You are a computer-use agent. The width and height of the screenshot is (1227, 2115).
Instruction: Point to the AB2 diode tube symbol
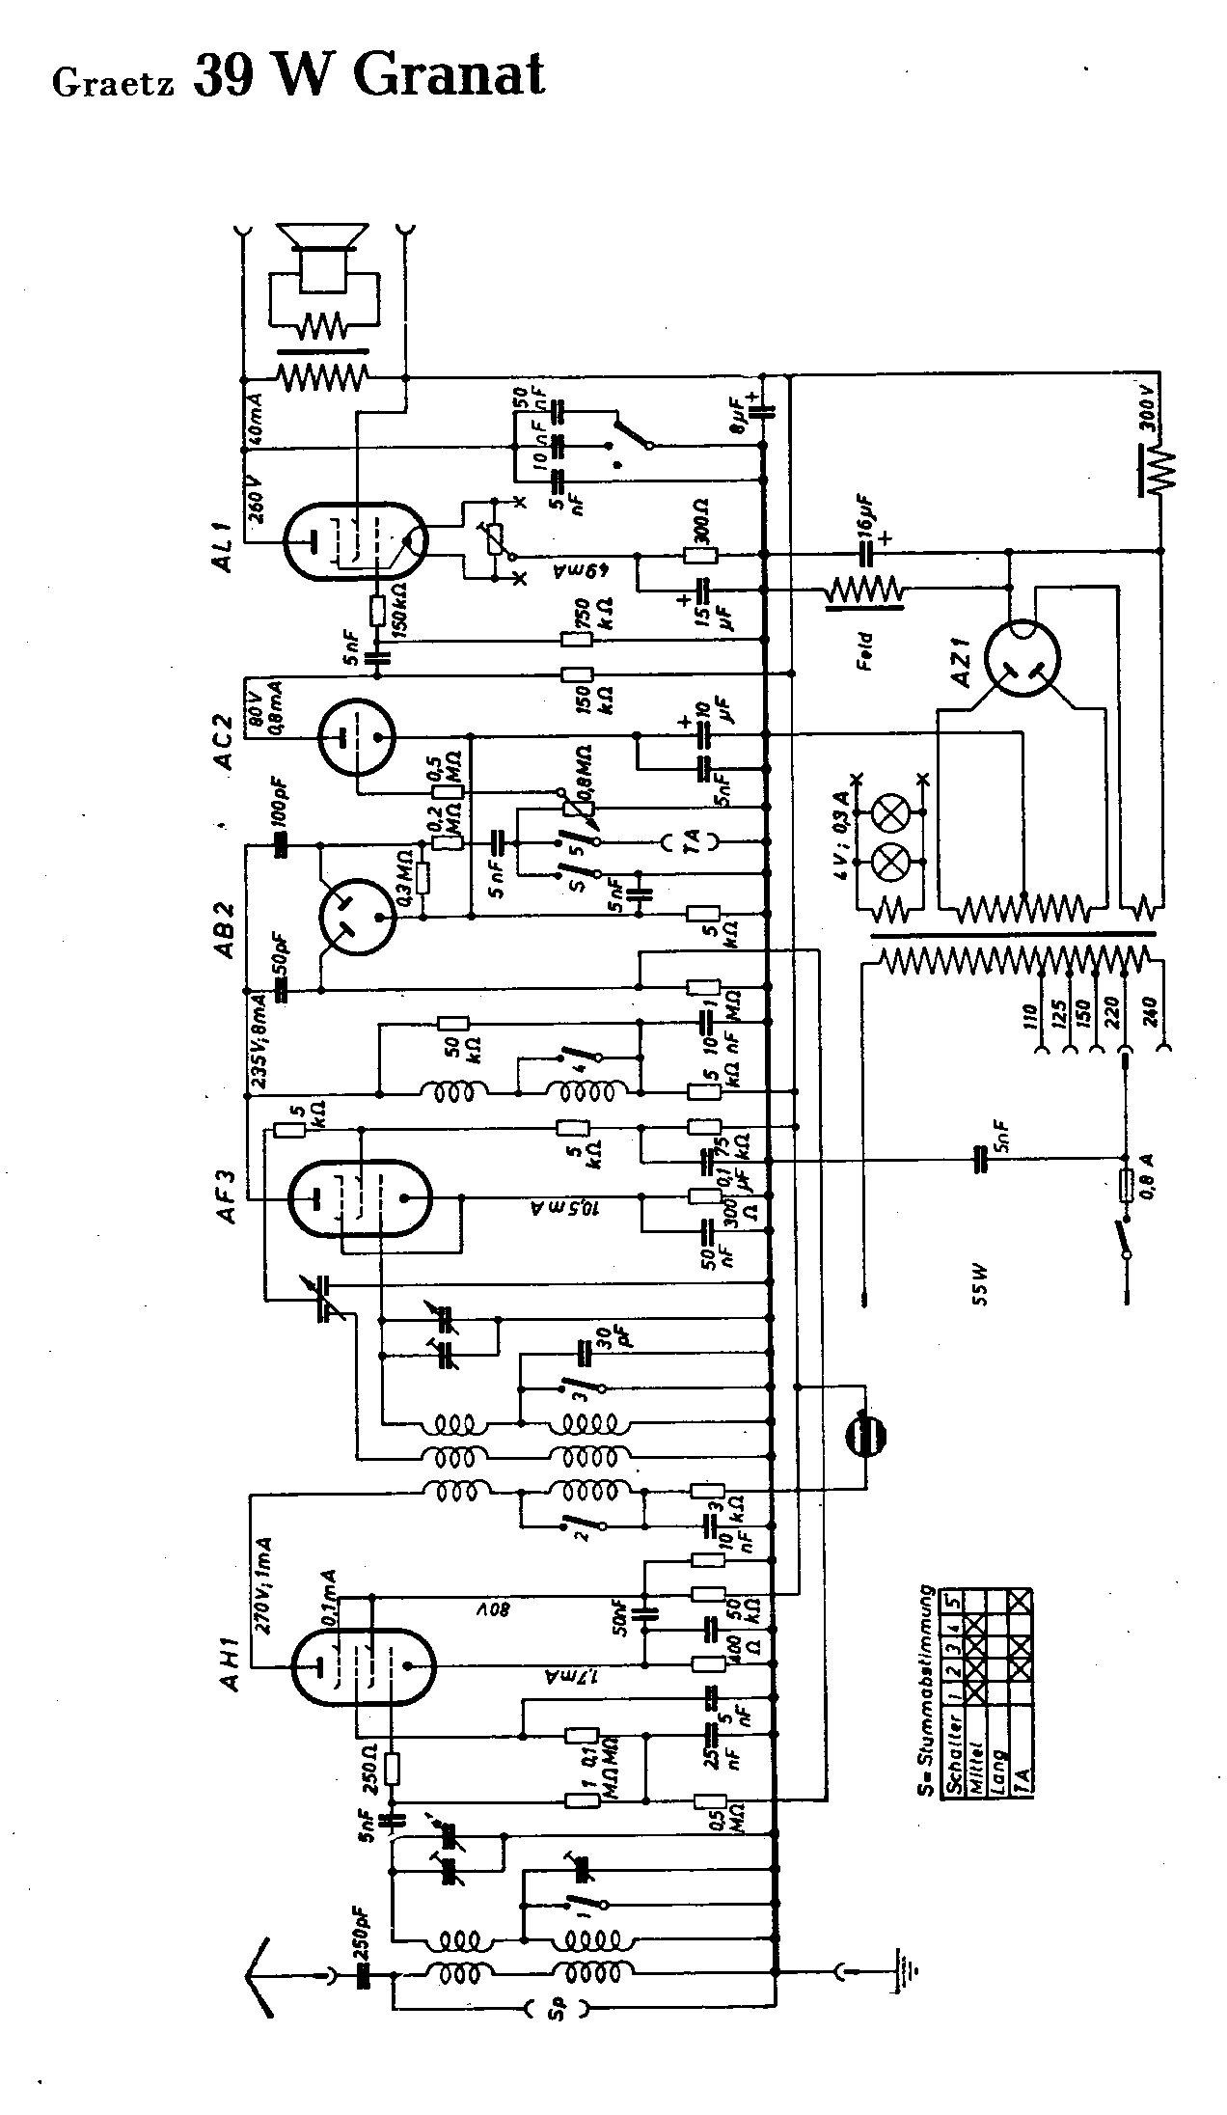pos(356,914)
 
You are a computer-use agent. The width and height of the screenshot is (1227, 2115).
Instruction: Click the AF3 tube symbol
pos(360,1199)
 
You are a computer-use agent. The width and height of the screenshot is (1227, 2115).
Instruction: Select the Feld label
pos(865,652)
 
